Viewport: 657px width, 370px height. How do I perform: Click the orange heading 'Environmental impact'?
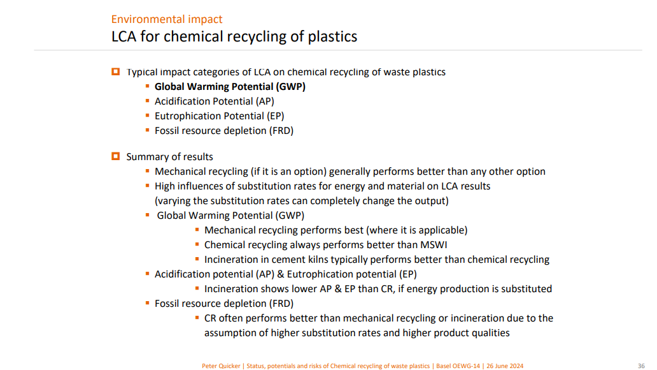166,19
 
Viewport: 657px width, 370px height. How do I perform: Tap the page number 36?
641,366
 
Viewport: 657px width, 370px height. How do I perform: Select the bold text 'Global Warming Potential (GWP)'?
230,87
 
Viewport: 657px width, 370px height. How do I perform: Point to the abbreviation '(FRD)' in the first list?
281,131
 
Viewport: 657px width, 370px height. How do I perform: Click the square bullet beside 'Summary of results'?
116,156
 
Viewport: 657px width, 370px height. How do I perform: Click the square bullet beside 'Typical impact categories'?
116,71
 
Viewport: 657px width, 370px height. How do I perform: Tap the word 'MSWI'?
435,245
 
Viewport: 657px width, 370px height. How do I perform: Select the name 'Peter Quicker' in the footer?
221,366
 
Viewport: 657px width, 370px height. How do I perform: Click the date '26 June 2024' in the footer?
505,366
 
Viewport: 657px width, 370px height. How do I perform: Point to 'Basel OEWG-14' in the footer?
458,366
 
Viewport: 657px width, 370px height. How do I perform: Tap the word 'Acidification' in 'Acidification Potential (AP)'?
183,101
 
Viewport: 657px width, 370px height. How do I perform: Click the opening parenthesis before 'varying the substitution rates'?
156,201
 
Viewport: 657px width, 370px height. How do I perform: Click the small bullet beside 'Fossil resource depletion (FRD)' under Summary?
148,303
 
